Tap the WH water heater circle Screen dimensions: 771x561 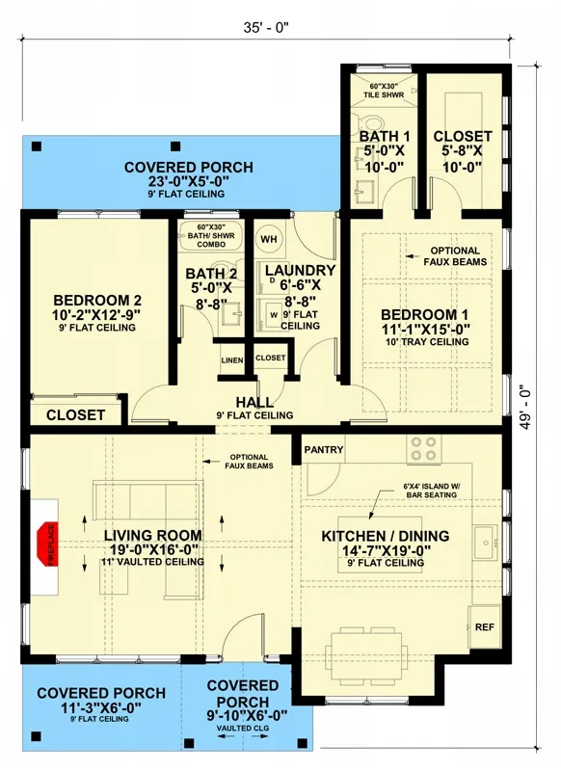tap(269, 238)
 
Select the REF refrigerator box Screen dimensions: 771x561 tap(484, 627)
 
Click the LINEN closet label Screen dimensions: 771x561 tap(231, 360)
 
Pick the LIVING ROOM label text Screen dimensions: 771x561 tap(153, 536)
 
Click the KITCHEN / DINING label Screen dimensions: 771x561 tap(386, 536)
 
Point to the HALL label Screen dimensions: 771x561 tap(254, 402)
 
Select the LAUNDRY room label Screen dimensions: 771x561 tap(300, 271)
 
